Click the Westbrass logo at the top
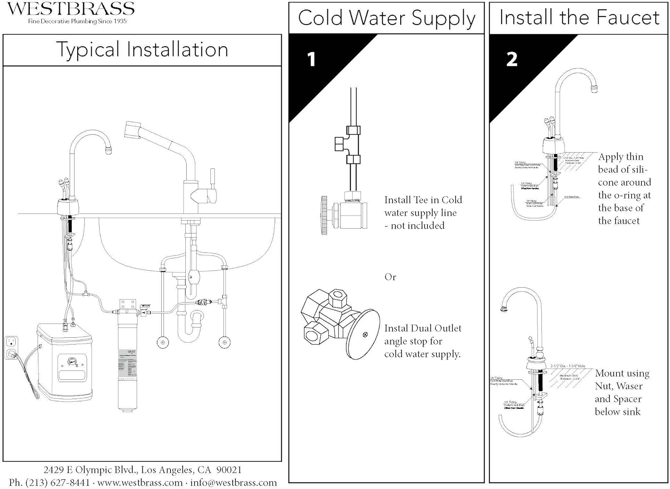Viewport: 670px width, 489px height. tap(71, 9)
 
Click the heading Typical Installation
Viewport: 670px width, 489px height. tap(142, 50)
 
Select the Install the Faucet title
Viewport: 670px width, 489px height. tap(579, 18)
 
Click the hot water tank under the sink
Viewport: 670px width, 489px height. tap(65, 362)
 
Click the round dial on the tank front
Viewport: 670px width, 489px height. tap(71, 361)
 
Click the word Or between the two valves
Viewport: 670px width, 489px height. tap(390, 277)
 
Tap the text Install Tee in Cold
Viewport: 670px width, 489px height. tap(423, 200)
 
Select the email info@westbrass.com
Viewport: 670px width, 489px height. tap(233, 483)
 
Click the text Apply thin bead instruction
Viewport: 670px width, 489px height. tap(624, 188)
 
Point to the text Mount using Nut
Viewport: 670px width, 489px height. tap(622, 374)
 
